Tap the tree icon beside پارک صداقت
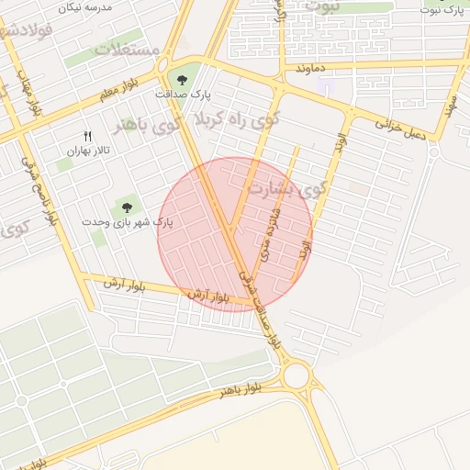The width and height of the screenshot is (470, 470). coord(179,76)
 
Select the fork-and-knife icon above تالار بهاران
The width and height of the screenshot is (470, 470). coord(88,134)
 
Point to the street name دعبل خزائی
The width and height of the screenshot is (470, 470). coord(404,129)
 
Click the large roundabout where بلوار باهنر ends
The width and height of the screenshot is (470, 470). coord(297,375)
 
